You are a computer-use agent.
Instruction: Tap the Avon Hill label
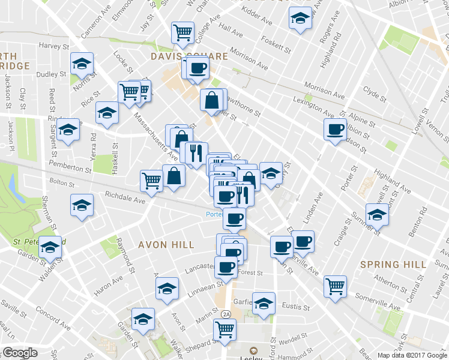(x=166, y=245)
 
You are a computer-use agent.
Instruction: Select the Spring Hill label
(x=393, y=264)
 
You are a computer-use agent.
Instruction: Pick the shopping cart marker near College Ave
(x=182, y=32)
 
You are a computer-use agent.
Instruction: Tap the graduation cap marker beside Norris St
(x=82, y=64)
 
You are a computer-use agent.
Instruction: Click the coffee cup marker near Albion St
(x=335, y=128)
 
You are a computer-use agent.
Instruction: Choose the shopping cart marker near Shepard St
(x=224, y=329)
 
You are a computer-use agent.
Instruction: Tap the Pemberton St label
(x=71, y=170)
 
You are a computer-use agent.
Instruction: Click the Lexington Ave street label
(x=312, y=106)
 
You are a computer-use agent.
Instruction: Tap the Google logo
(x=19, y=353)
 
